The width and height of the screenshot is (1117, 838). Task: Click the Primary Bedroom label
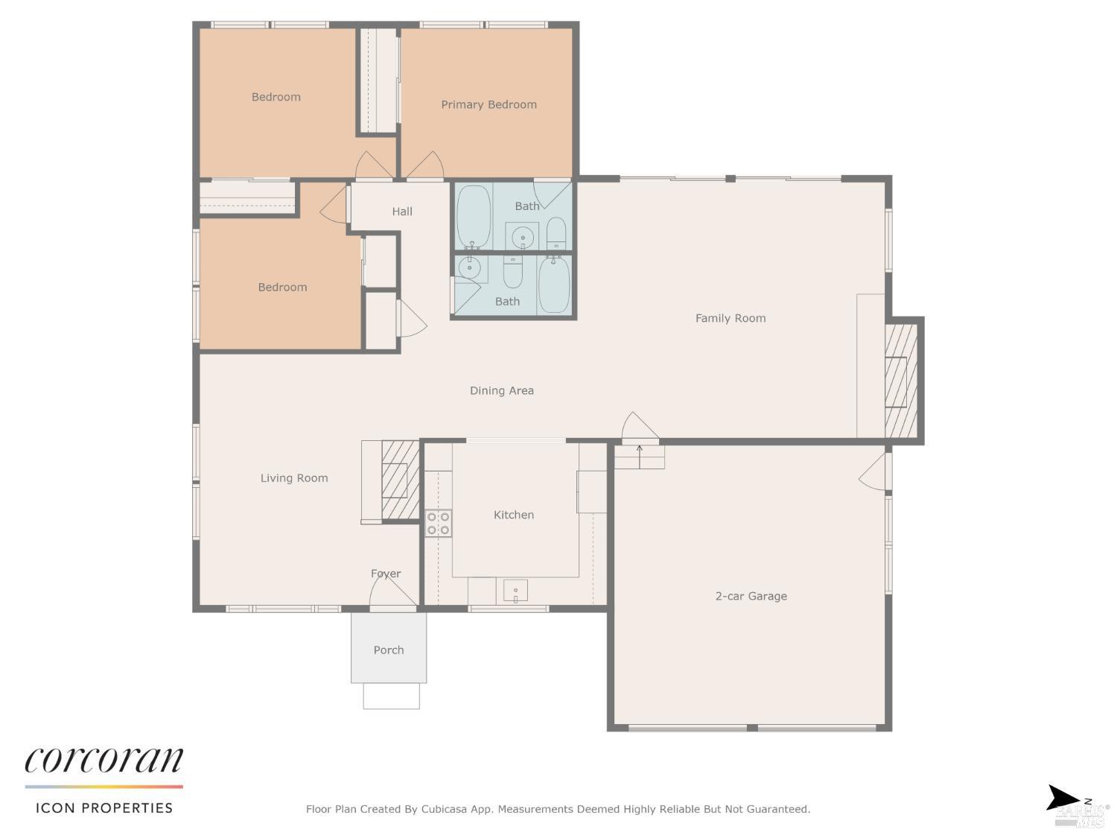pyautogui.click(x=489, y=104)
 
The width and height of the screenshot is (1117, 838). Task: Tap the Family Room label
pyautogui.click(x=730, y=318)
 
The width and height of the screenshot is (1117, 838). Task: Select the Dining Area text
pyautogui.click(x=501, y=390)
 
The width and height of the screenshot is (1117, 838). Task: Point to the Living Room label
pyautogui.click(x=293, y=478)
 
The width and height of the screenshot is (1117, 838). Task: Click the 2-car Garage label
pyautogui.click(x=751, y=596)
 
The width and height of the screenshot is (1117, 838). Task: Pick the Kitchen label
pyautogui.click(x=513, y=515)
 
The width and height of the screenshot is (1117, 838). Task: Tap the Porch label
pyautogui.click(x=388, y=650)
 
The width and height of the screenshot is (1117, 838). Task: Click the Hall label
pyautogui.click(x=402, y=212)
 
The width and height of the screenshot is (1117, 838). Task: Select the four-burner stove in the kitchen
pyautogui.click(x=438, y=524)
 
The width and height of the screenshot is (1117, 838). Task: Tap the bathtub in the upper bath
pyautogui.click(x=473, y=217)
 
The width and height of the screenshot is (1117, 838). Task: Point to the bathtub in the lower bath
pyautogui.click(x=554, y=285)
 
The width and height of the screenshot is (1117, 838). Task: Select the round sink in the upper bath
pyautogui.click(x=523, y=238)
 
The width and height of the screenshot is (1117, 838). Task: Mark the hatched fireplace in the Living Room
pyautogui.click(x=400, y=480)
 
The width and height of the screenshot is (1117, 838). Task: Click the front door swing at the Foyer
pyautogui.click(x=391, y=592)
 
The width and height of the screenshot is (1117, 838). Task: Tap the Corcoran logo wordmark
pyautogui.click(x=104, y=761)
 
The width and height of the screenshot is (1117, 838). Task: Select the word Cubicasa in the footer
pyautogui.click(x=445, y=809)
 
